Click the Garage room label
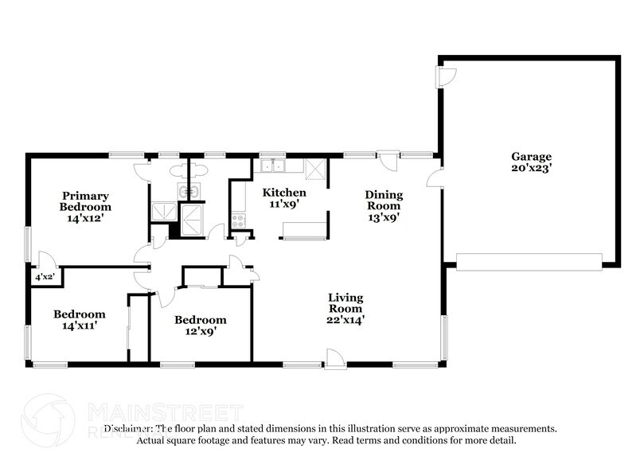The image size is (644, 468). click(531, 157)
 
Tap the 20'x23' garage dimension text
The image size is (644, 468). click(531, 169)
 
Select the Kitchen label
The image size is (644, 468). click(284, 193)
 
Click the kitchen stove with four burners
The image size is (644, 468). click(237, 220)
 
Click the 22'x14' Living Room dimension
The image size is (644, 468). click(346, 319)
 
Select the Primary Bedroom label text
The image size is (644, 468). click(86, 201)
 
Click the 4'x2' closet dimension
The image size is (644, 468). click(43, 277)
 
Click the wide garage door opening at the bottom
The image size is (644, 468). click(529, 262)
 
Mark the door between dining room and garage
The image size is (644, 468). click(435, 178)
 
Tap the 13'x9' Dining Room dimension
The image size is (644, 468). click(383, 216)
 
